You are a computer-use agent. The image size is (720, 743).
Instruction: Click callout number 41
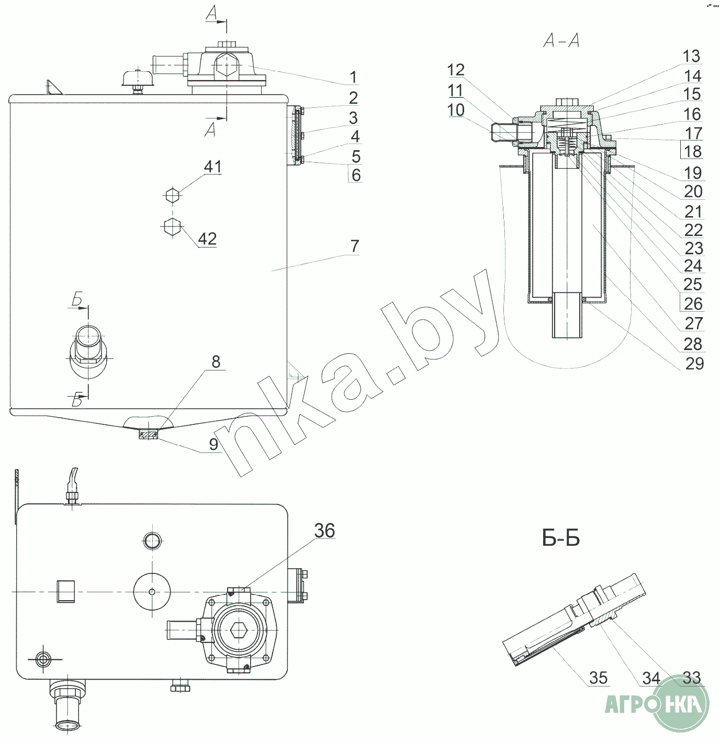pyautogui.click(x=212, y=166)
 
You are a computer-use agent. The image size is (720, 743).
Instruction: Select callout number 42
pyautogui.click(x=207, y=239)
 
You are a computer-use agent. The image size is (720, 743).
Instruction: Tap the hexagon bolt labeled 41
pyautogui.click(x=173, y=195)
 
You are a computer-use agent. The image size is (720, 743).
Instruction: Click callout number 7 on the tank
pyautogui.click(x=355, y=246)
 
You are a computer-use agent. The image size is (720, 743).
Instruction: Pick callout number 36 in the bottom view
pyautogui.click(x=324, y=531)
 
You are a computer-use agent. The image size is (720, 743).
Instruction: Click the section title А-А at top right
pyautogui.click(x=561, y=40)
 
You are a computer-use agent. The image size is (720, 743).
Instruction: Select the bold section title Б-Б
pyautogui.click(x=561, y=539)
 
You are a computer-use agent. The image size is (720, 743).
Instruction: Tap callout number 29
pyautogui.click(x=694, y=363)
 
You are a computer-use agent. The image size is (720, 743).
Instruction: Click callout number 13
pyautogui.click(x=691, y=56)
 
